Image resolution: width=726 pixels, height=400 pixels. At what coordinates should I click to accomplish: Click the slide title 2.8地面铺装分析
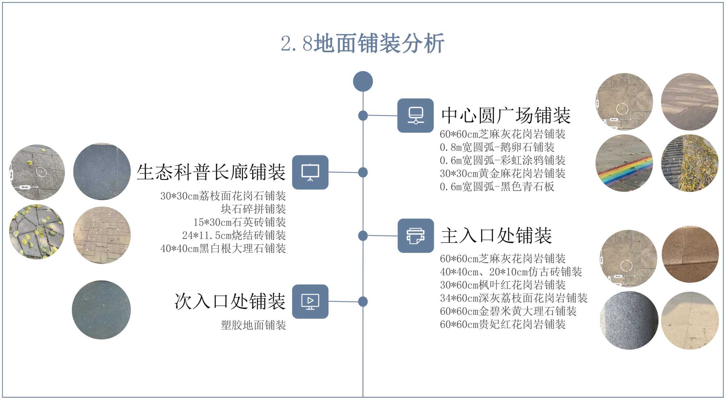[x=362, y=44]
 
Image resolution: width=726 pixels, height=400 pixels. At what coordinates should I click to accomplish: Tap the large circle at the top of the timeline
[x=363, y=81]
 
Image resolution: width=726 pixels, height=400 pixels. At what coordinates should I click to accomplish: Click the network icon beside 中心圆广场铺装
[x=415, y=115]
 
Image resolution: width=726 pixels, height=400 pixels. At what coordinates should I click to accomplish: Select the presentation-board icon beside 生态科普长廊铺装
[x=310, y=172]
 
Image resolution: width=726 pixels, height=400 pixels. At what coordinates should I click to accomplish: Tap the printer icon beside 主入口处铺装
[x=416, y=236]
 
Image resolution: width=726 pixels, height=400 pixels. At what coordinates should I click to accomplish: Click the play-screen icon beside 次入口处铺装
[x=310, y=302]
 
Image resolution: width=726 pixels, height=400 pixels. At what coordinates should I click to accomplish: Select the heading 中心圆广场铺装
[x=506, y=116]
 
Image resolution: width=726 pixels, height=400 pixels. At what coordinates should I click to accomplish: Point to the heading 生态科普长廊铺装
[x=211, y=172]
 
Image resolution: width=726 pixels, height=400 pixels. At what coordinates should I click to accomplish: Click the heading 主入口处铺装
[x=496, y=236]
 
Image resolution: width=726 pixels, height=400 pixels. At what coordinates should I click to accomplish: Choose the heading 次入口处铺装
[x=230, y=302]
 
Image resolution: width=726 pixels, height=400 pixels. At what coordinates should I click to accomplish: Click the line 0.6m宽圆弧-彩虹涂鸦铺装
[x=502, y=160]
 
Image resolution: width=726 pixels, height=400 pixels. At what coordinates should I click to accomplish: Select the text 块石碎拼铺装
[x=253, y=209]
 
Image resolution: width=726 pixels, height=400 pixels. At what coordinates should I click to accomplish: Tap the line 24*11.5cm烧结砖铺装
[x=234, y=236]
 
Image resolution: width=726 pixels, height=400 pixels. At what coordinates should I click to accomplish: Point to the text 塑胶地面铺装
[x=253, y=325]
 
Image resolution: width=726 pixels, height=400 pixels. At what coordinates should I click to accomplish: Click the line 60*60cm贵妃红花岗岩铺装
[x=502, y=324]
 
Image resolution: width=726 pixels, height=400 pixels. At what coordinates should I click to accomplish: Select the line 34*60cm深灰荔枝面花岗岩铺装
[x=513, y=298]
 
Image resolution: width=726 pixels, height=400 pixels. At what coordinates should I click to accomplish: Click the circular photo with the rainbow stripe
[x=624, y=163]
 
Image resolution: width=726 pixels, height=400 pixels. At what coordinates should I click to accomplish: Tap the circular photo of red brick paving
[x=102, y=235]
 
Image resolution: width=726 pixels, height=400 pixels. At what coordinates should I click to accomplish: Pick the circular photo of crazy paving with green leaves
[x=37, y=232]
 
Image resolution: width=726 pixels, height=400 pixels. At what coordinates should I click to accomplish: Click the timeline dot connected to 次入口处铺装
[x=363, y=302]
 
